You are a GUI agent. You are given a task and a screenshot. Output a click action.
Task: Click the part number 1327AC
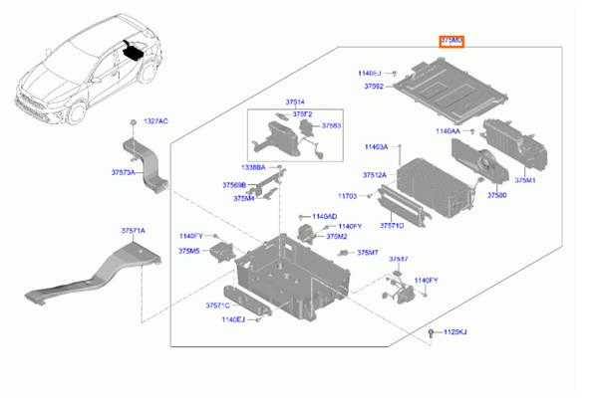pyautogui.click(x=154, y=120)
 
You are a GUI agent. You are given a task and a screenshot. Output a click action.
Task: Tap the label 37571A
pyautogui.click(x=134, y=231)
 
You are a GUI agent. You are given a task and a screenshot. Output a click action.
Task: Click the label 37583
pyautogui.click(x=329, y=126)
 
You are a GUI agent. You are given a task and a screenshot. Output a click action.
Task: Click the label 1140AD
pyautogui.click(x=324, y=216)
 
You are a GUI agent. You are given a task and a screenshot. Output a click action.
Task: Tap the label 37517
pyautogui.click(x=399, y=259)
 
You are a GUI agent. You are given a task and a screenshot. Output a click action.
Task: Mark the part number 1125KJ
pyautogui.click(x=453, y=330)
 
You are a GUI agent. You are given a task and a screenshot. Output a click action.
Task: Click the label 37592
pyautogui.click(x=374, y=87)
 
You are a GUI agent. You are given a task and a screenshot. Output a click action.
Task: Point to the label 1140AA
pyautogui.click(x=448, y=130)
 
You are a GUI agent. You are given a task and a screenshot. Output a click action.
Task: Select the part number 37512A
pyautogui.click(x=374, y=174)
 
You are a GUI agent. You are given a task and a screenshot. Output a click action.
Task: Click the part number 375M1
pyautogui.click(x=525, y=181)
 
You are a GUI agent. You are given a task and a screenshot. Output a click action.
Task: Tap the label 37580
pyautogui.click(x=496, y=196)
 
